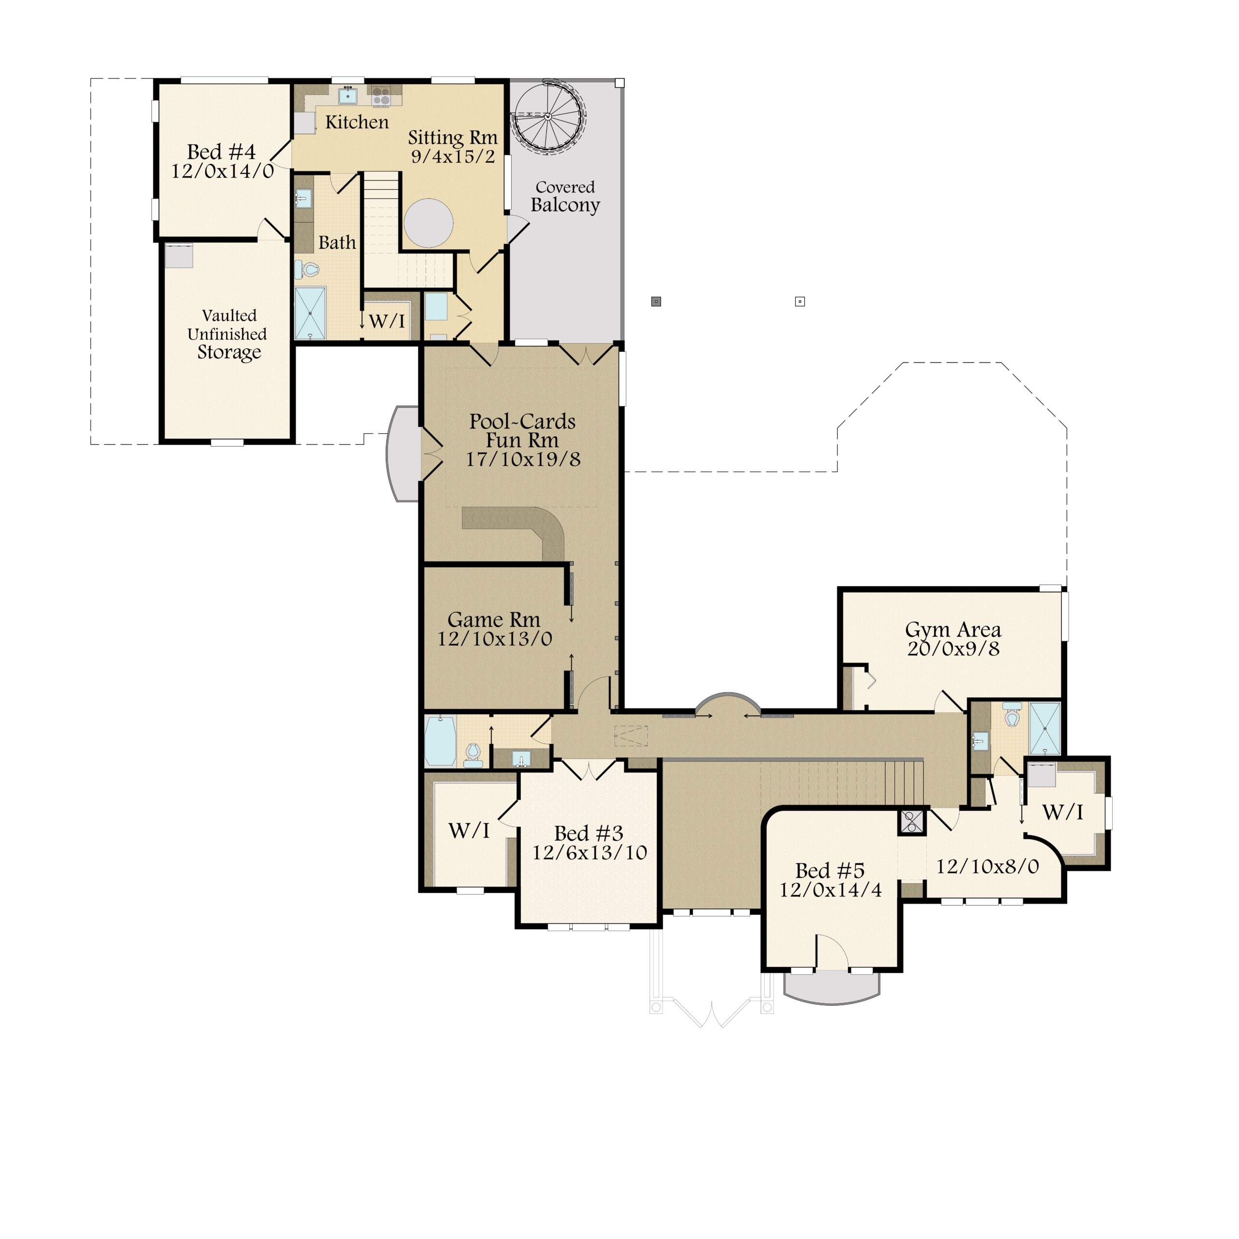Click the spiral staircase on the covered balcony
(548, 116)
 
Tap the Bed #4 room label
(221, 152)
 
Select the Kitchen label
(357, 122)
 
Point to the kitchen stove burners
(381, 97)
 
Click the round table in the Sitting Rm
(428, 223)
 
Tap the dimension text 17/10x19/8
(523, 459)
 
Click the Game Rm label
(493, 619)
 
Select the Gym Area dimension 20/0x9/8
(953, 649)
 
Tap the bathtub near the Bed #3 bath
(440, 740)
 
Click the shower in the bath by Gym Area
(1045, 728)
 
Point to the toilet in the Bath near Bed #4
(310, 270)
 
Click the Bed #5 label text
(830, 870)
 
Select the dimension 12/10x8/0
(987, 866)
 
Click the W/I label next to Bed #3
(469, 831)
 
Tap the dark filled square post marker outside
(656, 302)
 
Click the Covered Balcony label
(565, 196)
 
